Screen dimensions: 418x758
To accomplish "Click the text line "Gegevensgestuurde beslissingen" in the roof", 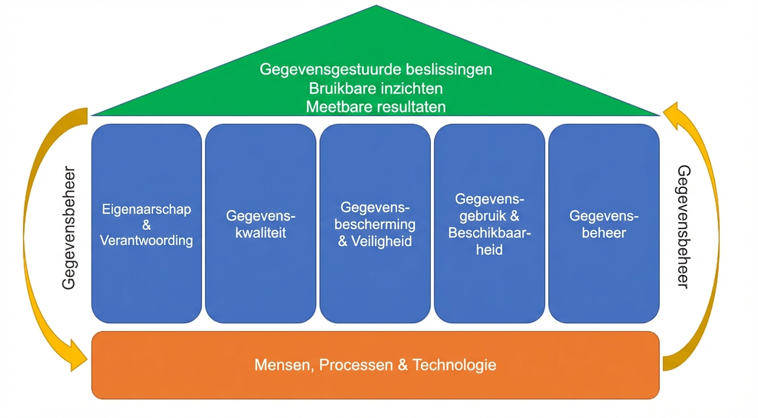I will point(376,70).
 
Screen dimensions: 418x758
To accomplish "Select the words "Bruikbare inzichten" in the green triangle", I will point(376,88).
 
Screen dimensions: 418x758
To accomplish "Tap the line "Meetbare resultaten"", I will point(376,107).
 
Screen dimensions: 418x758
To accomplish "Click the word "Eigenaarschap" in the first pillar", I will point(146,210).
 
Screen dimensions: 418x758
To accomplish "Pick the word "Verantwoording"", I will point(146,240).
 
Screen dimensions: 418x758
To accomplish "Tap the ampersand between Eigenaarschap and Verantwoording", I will point(146,225).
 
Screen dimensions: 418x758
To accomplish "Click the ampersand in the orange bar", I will point(403,365).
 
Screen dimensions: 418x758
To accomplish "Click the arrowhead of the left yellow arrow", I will point(78,356).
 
